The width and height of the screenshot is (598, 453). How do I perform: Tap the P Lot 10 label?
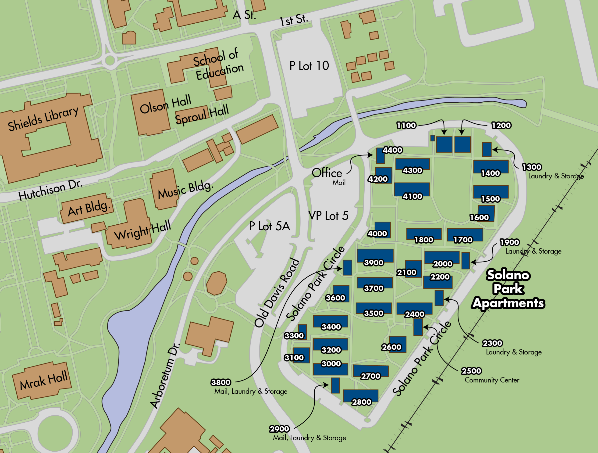[x=309, y=66]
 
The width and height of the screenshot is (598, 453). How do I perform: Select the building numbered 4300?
[x=412, y=164]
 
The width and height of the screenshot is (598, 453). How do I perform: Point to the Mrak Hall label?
[x=43, y=380]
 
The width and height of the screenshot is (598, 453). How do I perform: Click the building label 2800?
[x=361, y=402]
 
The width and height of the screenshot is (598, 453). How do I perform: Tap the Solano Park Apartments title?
[x=508, y=289]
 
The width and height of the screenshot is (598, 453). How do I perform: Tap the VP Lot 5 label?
[x=328, y=216]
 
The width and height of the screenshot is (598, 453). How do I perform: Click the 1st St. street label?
[x=294, y=20]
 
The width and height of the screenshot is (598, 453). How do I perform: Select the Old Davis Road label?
[x=277, y=293]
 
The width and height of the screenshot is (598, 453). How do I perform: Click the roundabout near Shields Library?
[x=110, y=60]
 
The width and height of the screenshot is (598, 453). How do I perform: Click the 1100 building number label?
[x=406, y=125]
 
